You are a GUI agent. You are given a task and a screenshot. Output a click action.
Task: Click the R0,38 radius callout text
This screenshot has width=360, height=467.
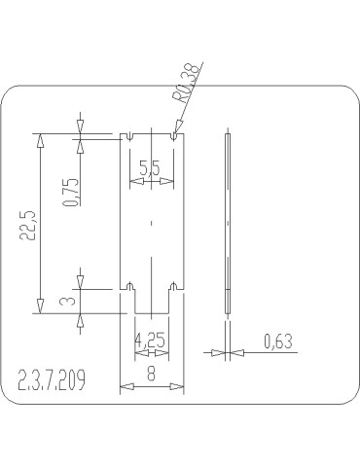pos(185,83)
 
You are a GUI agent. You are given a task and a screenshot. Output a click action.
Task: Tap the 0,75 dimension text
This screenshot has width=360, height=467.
pos(70,192)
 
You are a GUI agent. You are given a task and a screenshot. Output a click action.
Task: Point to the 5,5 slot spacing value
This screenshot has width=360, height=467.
pos(151,167)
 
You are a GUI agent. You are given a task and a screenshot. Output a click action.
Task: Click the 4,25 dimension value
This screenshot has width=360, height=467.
pos(150,341)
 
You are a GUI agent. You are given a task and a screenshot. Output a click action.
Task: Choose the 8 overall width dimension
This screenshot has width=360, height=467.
pos(151,371)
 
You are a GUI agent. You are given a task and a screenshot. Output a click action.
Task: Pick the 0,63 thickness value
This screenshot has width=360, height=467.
pos(278,341)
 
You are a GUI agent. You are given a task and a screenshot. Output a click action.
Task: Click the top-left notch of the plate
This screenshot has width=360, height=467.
pos(130,136)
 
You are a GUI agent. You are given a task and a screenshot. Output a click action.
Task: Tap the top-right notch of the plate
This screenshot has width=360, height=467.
pos(173,136)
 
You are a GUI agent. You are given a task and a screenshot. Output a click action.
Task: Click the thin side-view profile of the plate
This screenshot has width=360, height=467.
pos(228,223)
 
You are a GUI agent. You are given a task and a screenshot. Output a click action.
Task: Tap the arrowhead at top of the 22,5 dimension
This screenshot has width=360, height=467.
pos(39,139)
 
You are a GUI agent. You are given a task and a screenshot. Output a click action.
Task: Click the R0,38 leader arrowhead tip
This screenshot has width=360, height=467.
pos(175,134)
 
